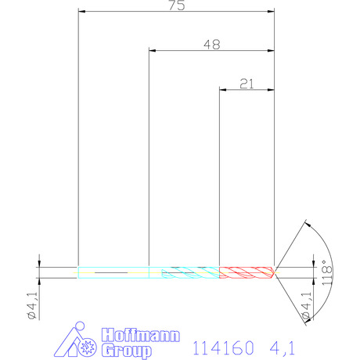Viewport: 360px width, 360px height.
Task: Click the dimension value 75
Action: [x=177, y=5]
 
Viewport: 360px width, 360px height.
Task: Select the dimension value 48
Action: [x=212, y=45]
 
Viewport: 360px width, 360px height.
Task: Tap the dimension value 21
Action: [x=247, y=84]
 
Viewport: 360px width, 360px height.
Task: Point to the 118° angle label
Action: [x=327, y=272]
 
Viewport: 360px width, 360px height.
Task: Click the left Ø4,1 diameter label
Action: [x=33, y=305]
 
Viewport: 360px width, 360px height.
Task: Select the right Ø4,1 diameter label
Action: [x=306, y=305]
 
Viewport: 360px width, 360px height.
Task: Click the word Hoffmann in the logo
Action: [x=141, y=335]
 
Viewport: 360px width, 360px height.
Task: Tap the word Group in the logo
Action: [x=127, y=351]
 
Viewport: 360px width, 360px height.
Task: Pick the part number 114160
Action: [x=223, y=347]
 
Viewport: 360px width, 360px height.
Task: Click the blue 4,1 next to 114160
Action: [x=282, y=347]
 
